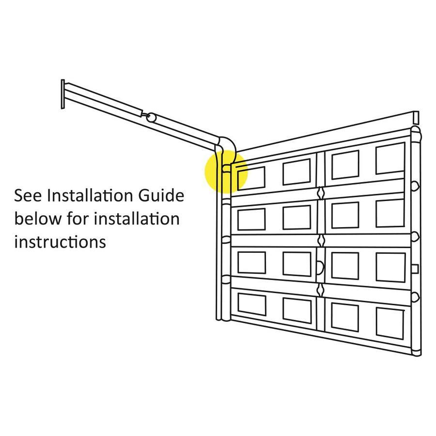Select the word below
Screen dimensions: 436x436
coord(38,218)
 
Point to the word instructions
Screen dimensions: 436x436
coord(60,242)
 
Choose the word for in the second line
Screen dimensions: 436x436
coord(78,218)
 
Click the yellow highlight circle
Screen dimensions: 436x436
coord(226,171)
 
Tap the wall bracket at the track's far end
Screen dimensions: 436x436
coord(63,94)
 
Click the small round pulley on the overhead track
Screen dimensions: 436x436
coord(151,117)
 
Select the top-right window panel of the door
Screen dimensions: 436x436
coord(390,158)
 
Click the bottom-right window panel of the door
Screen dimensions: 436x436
coord(390,323)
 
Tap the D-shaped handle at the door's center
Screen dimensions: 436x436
coord(320,267)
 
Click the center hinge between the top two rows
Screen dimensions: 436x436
coord(321,193)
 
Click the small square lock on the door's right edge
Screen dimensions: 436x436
coord(415,269)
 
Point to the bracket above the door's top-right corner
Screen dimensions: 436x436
coord(416,118)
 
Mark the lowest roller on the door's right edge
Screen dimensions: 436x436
coord(416,297)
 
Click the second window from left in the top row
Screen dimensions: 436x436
coord(296,172)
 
